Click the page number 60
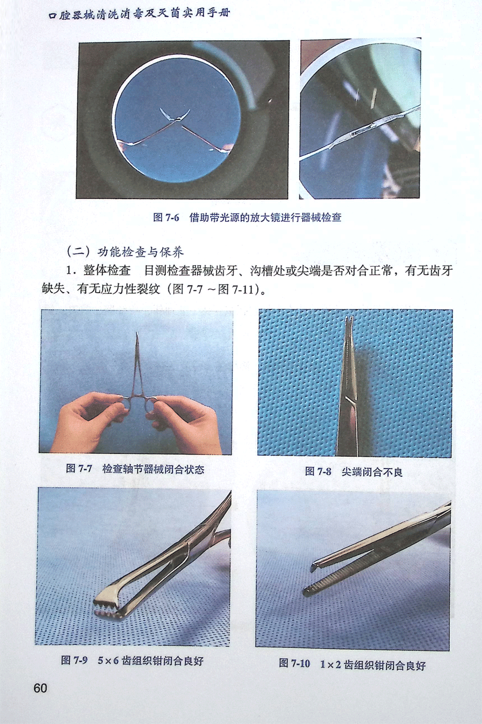[40, 688]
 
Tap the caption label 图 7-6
[166, 217]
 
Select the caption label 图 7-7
[79, 469]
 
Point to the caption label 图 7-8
[318, 472]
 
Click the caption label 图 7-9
[74, 660]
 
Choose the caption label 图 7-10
[294, 663]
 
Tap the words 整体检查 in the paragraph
[107, 270]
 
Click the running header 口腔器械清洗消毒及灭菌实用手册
[139, 14]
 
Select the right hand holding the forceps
[184, 424]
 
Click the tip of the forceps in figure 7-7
[137, 333]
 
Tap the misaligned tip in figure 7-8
[350, 320]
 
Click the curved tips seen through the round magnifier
[175, 115]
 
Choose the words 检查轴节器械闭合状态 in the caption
[153, 469]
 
